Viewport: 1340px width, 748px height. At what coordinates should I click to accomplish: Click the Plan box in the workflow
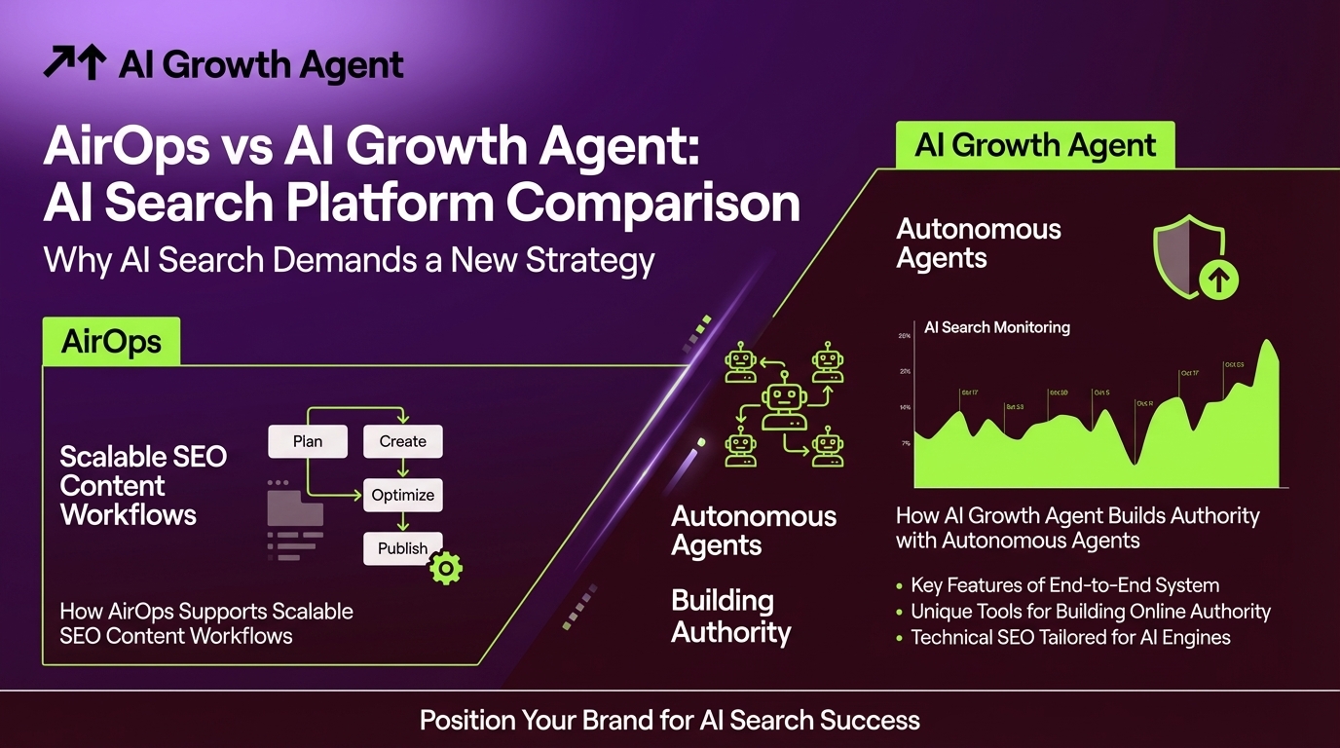coord(307,441)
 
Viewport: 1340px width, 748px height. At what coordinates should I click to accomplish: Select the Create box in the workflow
coord(402,441)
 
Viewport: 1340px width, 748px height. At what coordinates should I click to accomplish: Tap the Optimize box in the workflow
coord(402,495)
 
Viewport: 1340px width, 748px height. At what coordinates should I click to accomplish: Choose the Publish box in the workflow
coord(402,548)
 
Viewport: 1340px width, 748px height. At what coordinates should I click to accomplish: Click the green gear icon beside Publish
coord(446,568)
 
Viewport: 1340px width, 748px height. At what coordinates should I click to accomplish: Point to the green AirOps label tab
coord(111,342)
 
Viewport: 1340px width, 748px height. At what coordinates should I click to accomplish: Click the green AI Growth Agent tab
coord(1035,146)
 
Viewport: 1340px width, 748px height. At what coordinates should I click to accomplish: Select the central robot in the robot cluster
coord(785,406)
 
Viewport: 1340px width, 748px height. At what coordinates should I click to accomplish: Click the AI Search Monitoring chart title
coord(996,327)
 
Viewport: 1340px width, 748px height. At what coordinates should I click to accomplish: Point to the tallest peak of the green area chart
coord(1267,344)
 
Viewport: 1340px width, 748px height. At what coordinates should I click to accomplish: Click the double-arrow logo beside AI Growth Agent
coord(74,65)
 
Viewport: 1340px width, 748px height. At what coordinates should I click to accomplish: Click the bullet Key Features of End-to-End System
coord(1063,585)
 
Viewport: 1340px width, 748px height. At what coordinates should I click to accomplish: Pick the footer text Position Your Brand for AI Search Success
coord(669,721)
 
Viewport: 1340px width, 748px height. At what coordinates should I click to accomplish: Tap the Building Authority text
coord(730,617)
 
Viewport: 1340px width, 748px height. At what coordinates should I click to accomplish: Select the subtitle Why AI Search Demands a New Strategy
coord(349,261)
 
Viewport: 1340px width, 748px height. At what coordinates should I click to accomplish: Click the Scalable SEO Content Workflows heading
coord(142,485)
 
